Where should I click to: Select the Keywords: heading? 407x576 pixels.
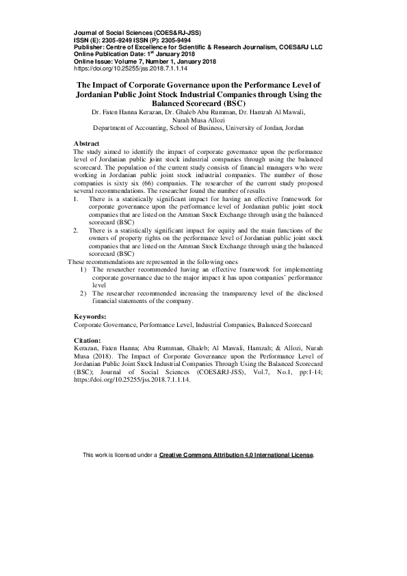pyautogui.click(x=90, y=316)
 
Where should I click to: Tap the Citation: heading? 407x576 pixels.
pyautogui.click(x=87, y=340)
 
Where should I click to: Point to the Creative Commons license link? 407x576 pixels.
pyautogui.click(x=236, y=454)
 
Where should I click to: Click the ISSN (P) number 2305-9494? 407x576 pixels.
pyautogui.click(x=174, y=40)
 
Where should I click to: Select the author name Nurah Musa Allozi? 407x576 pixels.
pyautogui.click(x=202, y=118)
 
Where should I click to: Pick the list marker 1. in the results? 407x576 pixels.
pyautogui.click(x=76, y=198)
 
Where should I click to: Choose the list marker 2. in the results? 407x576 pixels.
pyautogui.click(x=76, y=231)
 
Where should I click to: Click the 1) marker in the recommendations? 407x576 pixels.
pyautogui.click(x=83, y=269)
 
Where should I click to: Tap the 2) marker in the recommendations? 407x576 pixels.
pyautogui.click(x=83, y=293)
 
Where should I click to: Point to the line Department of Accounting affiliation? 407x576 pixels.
pyautogui.click(x=202, y=127)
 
